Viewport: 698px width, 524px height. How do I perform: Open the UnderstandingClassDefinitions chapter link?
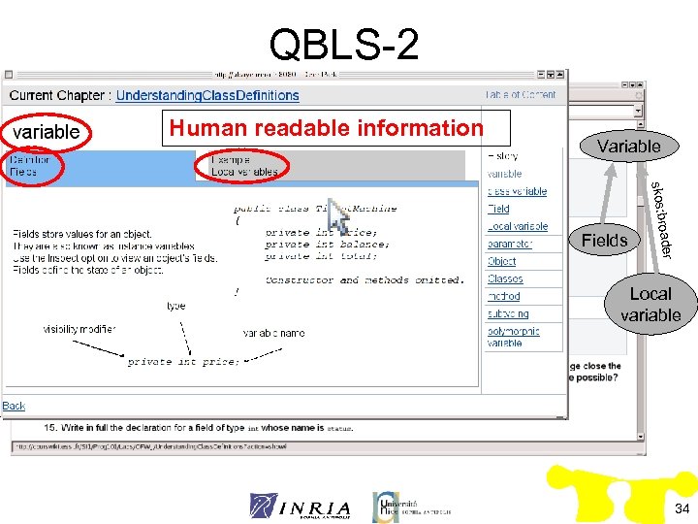207,95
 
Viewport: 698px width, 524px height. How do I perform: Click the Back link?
14,406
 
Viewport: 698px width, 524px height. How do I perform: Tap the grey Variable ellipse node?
628,146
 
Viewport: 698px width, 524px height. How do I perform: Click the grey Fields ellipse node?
604,241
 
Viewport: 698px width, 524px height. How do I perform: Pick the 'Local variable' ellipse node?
650,304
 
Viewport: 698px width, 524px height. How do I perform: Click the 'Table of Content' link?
521,94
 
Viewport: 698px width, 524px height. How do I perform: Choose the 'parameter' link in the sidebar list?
509,245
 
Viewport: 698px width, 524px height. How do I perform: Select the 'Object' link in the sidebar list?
501,262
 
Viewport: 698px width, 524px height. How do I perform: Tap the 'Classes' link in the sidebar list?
505,279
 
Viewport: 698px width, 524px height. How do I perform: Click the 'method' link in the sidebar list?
503,297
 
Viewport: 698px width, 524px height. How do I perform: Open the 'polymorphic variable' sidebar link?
513,337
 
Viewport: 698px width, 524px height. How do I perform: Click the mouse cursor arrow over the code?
337,215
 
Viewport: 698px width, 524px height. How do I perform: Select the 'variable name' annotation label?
273,333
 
